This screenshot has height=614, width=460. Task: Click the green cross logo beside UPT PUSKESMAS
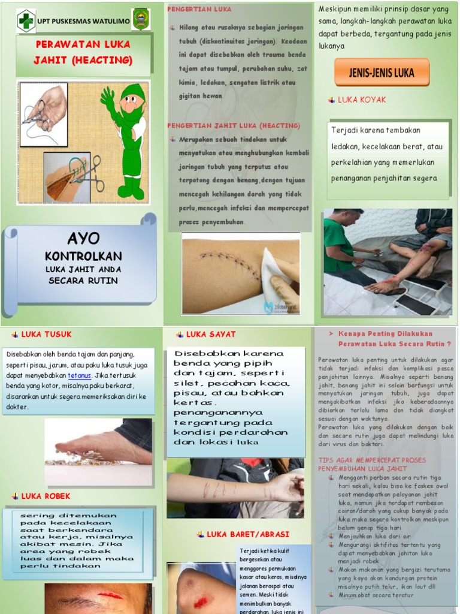(x=26, y=20)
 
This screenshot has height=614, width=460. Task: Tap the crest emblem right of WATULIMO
(x=140, y=19)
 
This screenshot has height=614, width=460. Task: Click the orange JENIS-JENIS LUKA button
(x=382, y=73)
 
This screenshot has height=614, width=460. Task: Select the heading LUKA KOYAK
(x=362, y=100)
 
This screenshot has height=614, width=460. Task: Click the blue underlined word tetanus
(x=80, y=376)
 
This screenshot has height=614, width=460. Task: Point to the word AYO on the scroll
(x=83, y=238)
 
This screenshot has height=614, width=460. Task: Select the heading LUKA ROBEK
(x=46, y=496)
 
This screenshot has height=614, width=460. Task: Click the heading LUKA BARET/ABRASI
(x=248, y=534)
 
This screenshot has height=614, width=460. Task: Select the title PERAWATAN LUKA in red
(x=83, y=44)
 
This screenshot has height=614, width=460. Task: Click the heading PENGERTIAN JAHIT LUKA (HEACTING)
(x=233, y=125)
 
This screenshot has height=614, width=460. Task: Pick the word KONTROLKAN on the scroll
(x=83, y=256)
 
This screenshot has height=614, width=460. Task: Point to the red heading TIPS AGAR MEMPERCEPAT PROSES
(x=380, y=459)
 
